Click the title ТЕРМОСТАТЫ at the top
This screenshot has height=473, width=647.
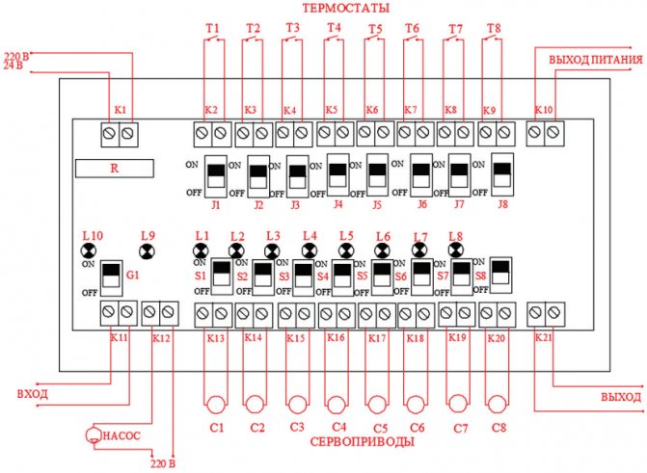click(x=346, y=8)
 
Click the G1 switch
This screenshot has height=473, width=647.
click(x=111, y=276)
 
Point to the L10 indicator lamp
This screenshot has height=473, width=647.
click(x=89, y=251)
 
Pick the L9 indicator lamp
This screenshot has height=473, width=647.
click(x=147, y=251)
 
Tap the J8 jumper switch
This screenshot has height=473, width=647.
click(x=501, y=174)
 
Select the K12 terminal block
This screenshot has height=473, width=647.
click(x=160, y=312)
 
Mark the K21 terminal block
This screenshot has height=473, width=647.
click(x=545, y=312)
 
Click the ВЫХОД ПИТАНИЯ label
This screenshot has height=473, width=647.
click(x=595, y=62)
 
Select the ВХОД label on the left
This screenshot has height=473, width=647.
click(x=33, y=394)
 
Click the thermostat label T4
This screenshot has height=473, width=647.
click(x=335, y=27)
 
